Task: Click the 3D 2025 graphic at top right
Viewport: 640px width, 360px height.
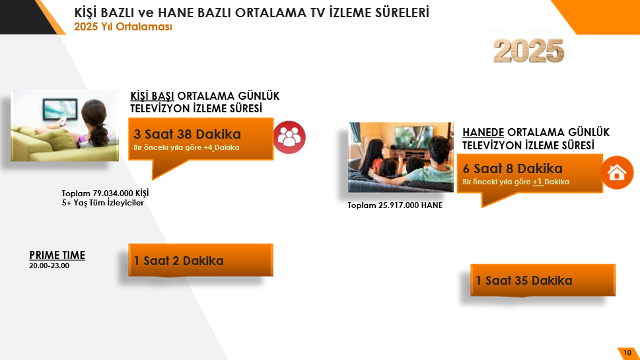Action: (x=528, y=50)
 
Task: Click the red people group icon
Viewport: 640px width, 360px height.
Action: (x=289, y=137)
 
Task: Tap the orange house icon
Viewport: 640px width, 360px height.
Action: (x=617, y=173)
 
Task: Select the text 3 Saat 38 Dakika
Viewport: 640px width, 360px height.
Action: (x=187, y=134)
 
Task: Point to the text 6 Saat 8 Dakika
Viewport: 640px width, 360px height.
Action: (x=513, y=168)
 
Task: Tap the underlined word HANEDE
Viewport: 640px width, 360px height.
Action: (x=483, y=132)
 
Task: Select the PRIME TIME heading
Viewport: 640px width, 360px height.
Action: (x=57, y=256)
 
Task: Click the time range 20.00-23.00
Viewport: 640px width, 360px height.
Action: (x=49, y=266)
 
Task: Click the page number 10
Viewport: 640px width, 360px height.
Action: (x=627, y=353)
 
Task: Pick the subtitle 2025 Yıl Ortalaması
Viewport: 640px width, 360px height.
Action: (x=124, y=27)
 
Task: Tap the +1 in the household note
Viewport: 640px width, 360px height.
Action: (x=538, y=182)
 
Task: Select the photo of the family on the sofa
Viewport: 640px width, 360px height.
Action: (x=400, y=157)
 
